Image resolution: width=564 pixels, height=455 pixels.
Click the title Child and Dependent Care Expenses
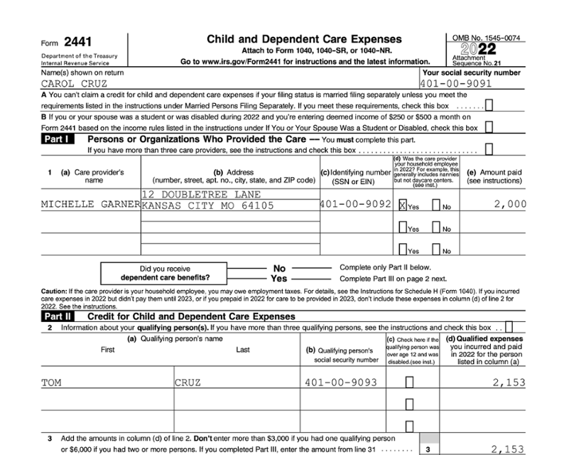click(x=303, y=39)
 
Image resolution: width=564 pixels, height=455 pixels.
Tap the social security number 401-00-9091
click(x=456, y=83)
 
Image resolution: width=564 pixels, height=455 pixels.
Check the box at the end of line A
click(x=489, y=106)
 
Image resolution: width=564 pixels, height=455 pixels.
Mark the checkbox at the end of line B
click(x=489, y=127)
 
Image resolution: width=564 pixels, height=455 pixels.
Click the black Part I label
click(x=60, y=139)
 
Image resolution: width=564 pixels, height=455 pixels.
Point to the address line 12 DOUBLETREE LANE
click(x=202, y=194)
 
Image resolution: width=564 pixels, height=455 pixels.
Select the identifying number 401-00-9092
click(x=355, y=205)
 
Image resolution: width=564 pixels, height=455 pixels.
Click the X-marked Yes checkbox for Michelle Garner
click(x=403, y=206)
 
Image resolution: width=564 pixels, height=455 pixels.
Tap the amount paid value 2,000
click(x=510, y=205)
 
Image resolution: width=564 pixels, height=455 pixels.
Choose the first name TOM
click(x=52, y=382)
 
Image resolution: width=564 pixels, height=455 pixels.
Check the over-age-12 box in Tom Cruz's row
click(x=409, y=382)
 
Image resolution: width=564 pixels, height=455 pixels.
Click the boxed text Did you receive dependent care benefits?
click(x=166, y=273)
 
